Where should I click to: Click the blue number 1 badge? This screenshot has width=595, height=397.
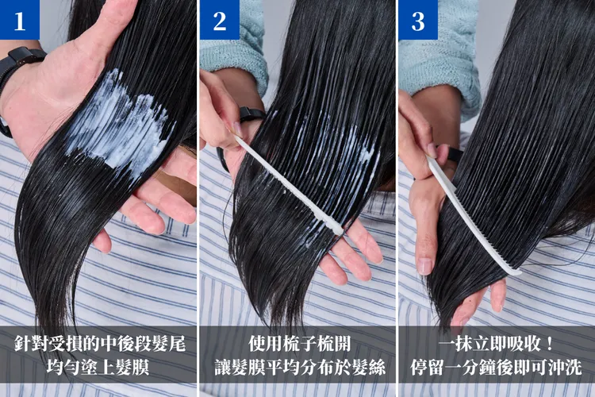pos(20,20)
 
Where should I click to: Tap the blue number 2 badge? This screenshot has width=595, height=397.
pos(220,20)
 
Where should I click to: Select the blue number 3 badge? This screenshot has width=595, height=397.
pos(418,20)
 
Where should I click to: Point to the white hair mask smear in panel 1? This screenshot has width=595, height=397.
pos(117,121)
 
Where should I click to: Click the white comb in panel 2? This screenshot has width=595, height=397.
pos(289,186)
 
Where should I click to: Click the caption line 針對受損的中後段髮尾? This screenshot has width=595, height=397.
pos(100,344)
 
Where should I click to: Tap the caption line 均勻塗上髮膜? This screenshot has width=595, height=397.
pos(98,367)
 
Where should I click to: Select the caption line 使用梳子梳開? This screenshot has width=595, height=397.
pos(299,344)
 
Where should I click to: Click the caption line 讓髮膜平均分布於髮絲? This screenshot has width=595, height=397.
pos(300,367)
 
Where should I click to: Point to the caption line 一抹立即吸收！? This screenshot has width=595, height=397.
pos(497,344)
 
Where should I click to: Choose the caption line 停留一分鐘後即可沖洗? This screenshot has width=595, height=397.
pos(497,367)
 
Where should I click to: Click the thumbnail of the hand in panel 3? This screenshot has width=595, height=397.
pos(424,265)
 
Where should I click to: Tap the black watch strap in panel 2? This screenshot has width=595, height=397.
pos(252,114)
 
